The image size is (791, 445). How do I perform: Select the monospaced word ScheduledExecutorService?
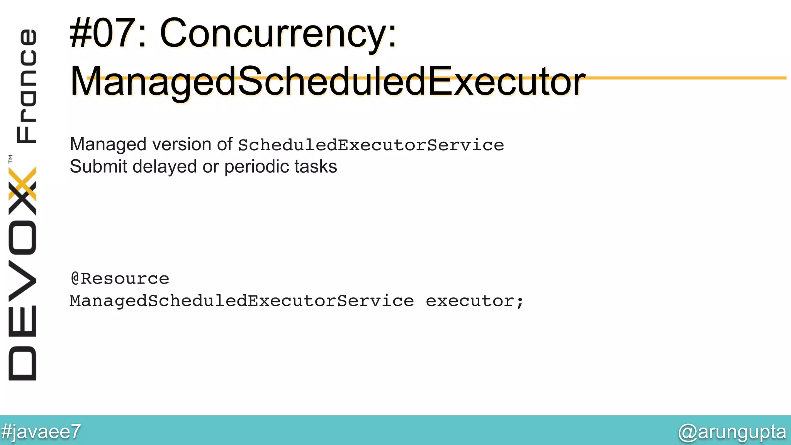click(x=371, y=145)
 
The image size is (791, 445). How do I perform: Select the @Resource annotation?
click(x=120, y=279)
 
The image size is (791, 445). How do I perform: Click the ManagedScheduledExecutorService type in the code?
click(x=242, y=301)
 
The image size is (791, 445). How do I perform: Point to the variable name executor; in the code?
click(x=475, y=301)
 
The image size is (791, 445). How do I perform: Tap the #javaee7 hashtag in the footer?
click(x=41, y=431)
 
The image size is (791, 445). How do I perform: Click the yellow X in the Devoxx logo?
click(x=22, y=183)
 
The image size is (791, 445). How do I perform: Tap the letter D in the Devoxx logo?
click(x=22, y=363)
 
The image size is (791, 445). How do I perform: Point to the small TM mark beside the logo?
click(x=10, y=158)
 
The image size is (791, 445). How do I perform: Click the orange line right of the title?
click(x=687, y=78)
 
